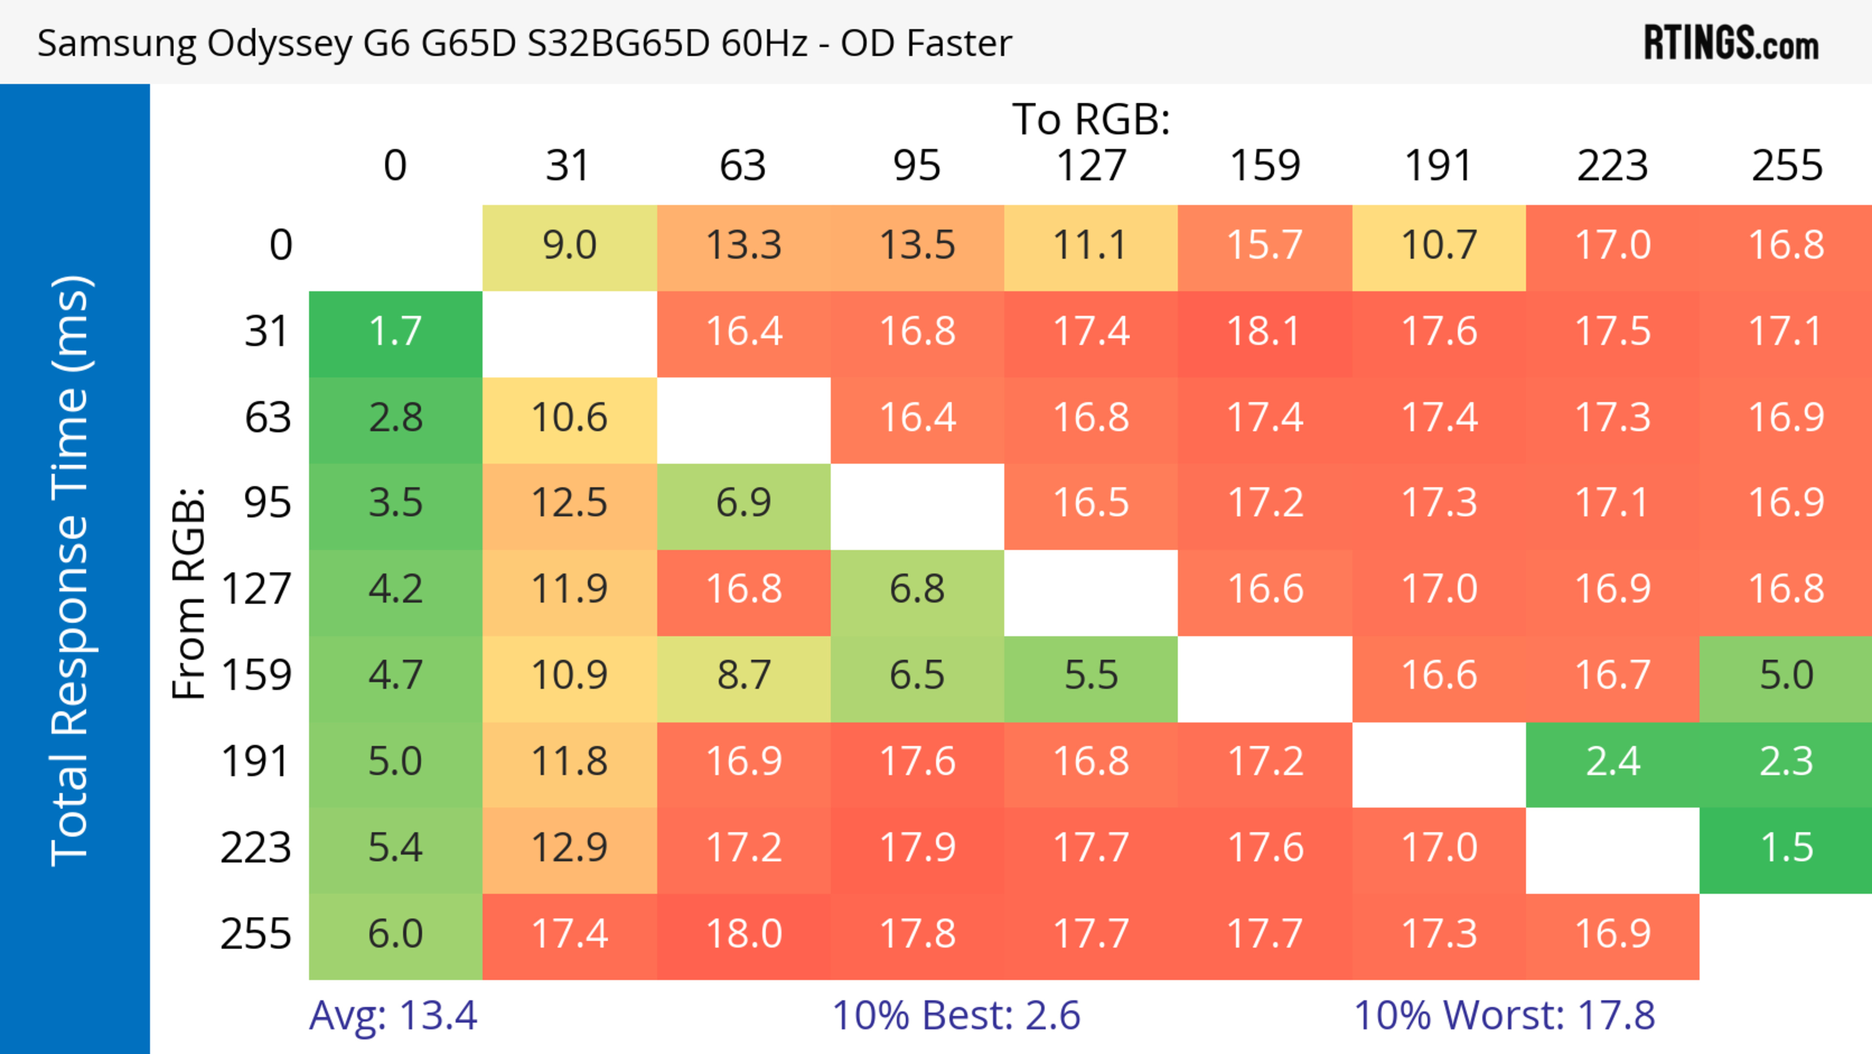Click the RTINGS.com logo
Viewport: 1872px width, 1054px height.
[x=1731, y=43]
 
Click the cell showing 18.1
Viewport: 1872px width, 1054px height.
[x=1265, y=332]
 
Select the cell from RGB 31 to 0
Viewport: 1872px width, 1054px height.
[x=395, y=332]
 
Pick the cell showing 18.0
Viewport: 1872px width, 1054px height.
[x=743, y=934]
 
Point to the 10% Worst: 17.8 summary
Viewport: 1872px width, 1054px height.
[x=1504, y=1015]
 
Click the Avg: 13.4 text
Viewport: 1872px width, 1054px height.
[x=393, y=1015]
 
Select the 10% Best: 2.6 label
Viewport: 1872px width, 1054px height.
[x=955, y=1015]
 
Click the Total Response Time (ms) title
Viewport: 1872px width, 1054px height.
[x=71, y=571]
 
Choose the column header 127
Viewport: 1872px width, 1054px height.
[x=1091, y=166]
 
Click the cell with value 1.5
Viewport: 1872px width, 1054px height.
[x=1786, y=848]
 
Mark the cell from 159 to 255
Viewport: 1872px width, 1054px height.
[x=1786, y=676]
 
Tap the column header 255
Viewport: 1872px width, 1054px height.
[x=1786, y=166]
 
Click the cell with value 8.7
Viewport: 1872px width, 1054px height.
[x=743, y=676]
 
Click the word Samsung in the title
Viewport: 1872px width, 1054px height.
[x=117, y=43]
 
